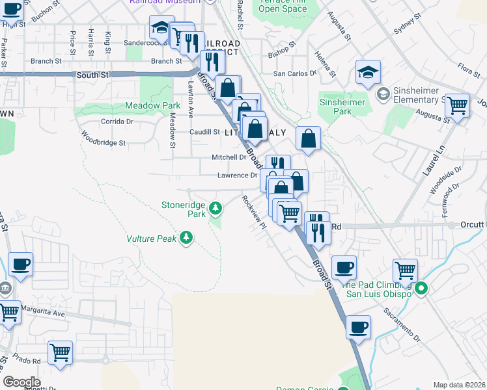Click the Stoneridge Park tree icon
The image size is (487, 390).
tap(215, 209)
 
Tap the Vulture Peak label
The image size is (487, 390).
tap(152, 239)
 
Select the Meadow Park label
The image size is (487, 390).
tap(153, 105)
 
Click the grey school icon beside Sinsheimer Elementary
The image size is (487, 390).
tap(383, 94)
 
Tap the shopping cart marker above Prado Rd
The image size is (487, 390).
tap(60, 353)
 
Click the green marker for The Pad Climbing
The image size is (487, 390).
tap(421, 289)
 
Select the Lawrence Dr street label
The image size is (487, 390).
tap(237, 175)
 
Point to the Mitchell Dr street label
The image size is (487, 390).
tap(229, 157)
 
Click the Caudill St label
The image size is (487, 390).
tap(204, 132)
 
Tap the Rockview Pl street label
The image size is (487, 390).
tap(254, 212)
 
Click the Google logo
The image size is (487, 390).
tap(21, 382)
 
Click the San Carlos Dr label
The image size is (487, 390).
tap(294, 73)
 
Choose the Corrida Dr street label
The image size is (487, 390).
tap(117, 121)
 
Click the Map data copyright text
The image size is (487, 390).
tap(459, 385)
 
